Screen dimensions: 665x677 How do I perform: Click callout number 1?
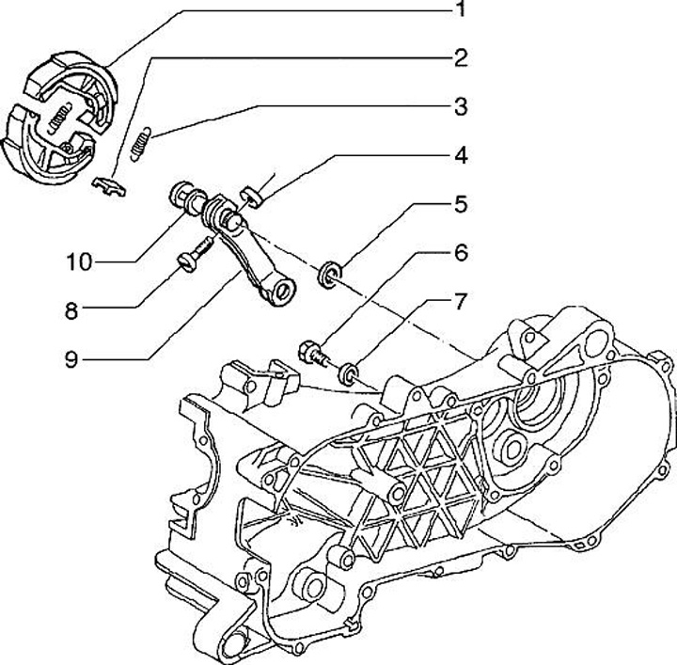(460, 10)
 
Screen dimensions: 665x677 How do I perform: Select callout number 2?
(460, 58)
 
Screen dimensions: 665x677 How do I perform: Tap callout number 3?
(460, 106)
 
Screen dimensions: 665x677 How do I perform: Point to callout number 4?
(460, 155)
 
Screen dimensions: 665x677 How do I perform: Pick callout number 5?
(460, 203)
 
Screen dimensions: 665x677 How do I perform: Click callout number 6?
(460, 253)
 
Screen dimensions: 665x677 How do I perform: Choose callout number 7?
(460, 302)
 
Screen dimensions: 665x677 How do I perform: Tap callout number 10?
(79, 261)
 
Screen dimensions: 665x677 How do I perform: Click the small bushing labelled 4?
(251, 196)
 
